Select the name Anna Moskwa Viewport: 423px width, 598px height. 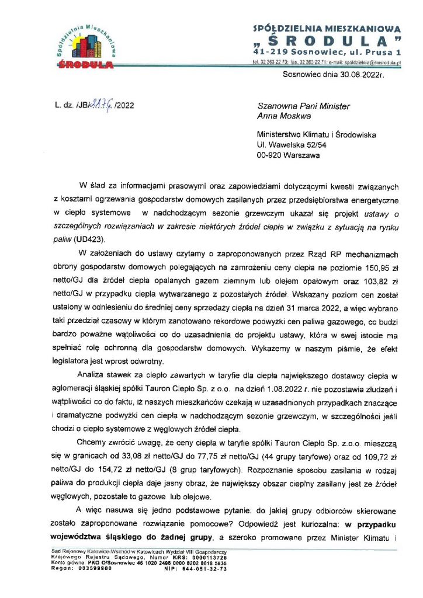[x=285, y=116]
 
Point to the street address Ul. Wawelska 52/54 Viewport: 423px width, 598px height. [x=294, y=144]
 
